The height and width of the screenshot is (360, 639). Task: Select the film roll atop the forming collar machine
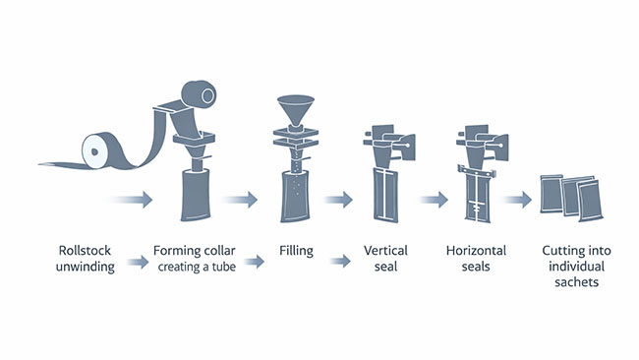[x=203, y=95]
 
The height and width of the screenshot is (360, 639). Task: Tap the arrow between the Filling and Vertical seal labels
[x=340, y=262]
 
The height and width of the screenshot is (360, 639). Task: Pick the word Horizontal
[x=474, y=250]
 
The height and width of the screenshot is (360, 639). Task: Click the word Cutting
[x=564, y=250]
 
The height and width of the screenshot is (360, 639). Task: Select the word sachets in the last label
[x=581, y=282]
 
